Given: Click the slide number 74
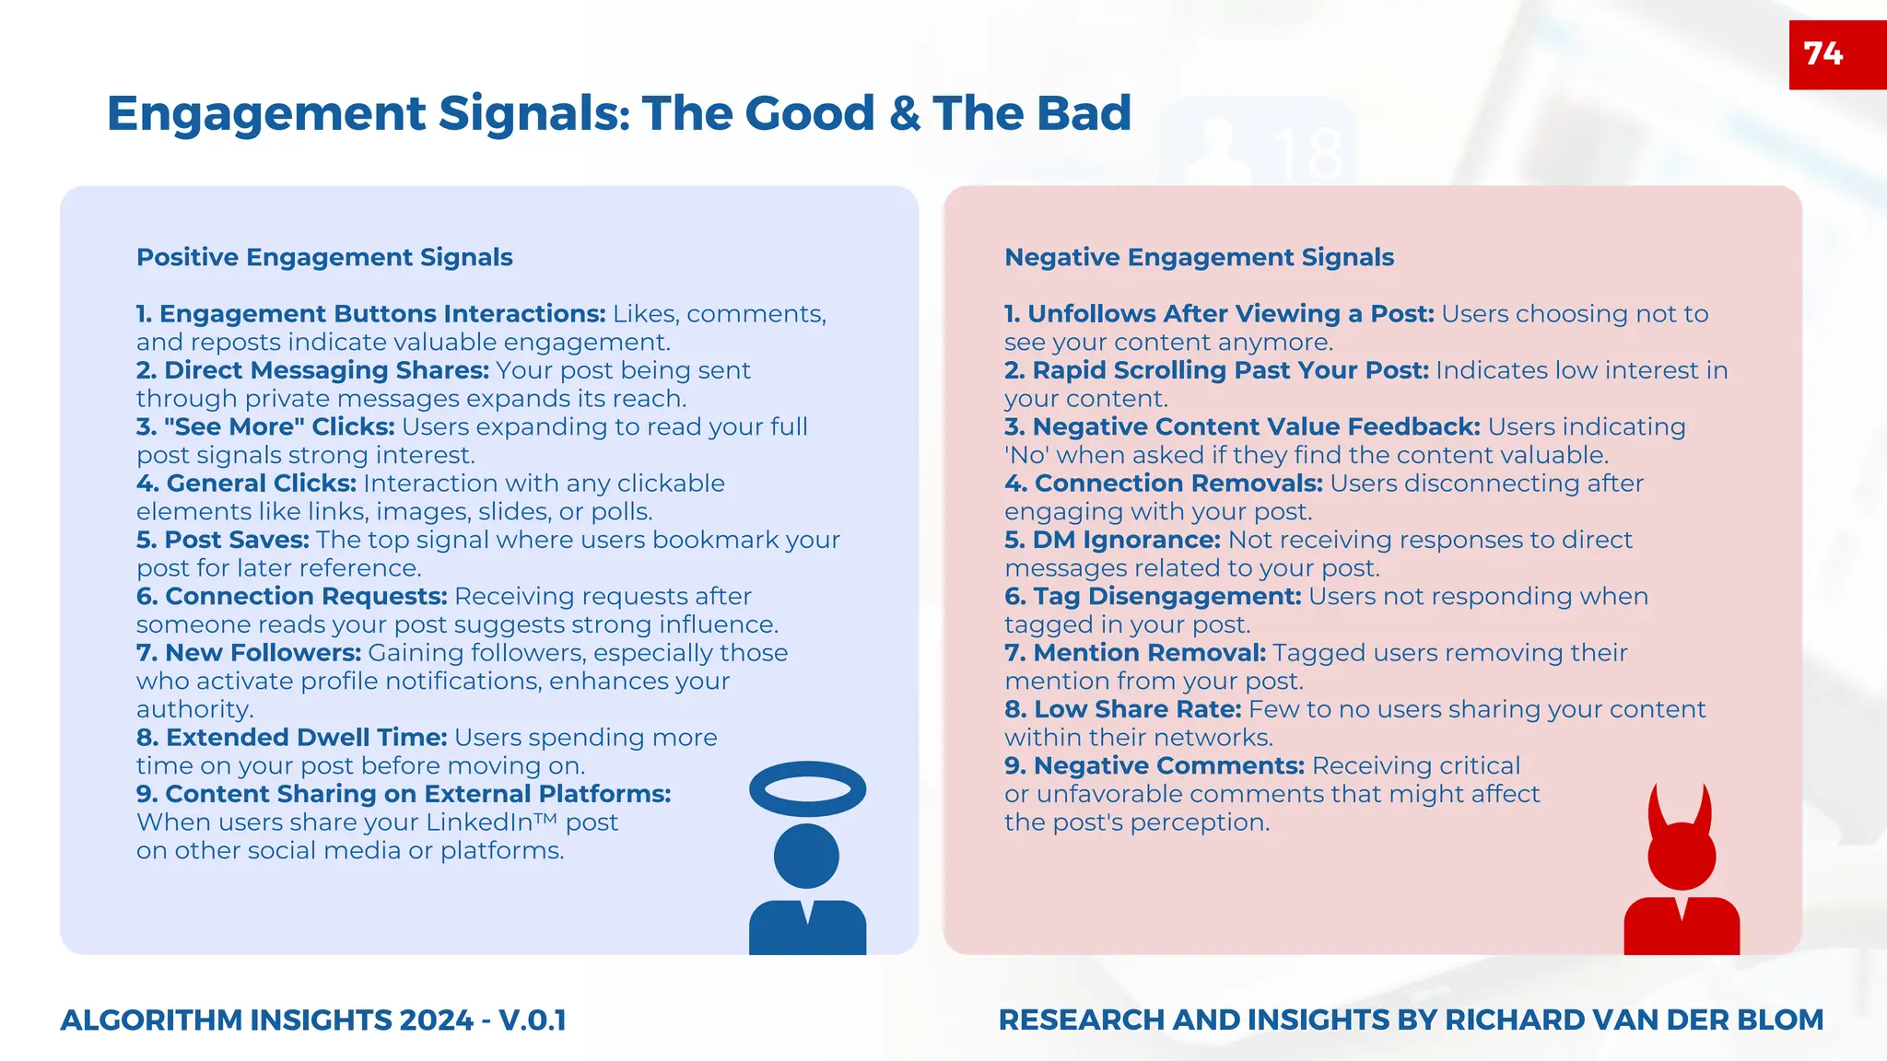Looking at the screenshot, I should click(x=1823, y=53).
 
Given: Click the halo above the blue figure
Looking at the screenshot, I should click(x=807, y=768).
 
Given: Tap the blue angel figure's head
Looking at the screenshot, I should click(x=806, y=856).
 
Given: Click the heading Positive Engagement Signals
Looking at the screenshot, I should click(x=324, y=257).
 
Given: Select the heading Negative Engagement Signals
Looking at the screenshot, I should click(x=1199, y=257).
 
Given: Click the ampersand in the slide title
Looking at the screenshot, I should click(x=905, y=113).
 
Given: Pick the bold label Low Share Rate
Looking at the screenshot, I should click(x=1136, y=709).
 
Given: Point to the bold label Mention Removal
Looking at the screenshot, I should click(x=1149, y=653).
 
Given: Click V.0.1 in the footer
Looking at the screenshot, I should click(x=532, y=1020).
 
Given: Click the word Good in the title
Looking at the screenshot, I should click(x=809, y=113).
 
